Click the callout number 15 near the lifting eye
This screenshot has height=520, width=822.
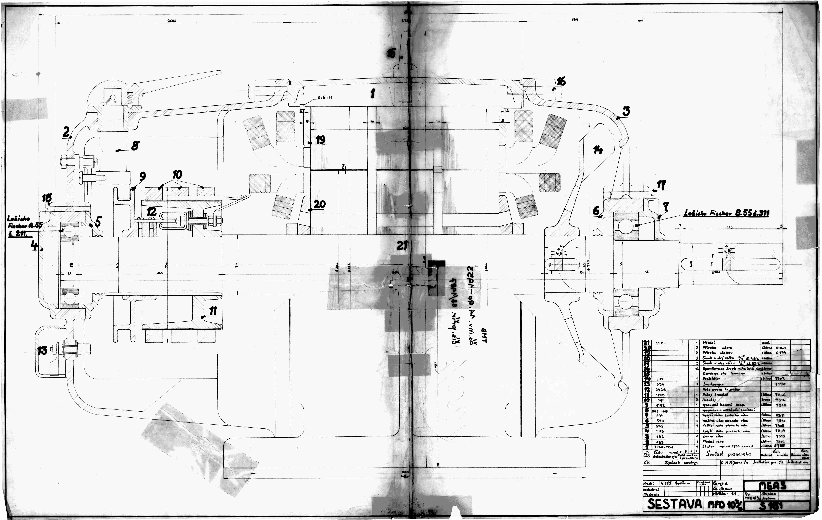point(391,53)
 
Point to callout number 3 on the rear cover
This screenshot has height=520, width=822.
point(626,111)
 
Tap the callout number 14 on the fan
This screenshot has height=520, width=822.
point(598,150)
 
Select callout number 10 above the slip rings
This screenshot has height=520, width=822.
point(177,175)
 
